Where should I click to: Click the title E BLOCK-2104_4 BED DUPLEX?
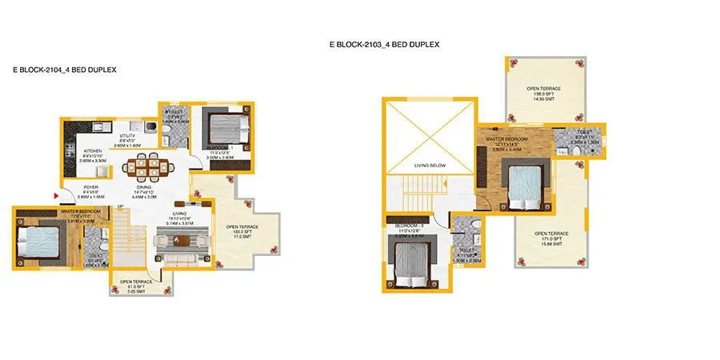click(65, 70)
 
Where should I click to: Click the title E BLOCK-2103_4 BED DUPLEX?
click(384, 46)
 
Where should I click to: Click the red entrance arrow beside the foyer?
click(57, 194)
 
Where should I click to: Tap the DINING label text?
click(144, 187)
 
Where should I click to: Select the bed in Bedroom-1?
click(218, 126)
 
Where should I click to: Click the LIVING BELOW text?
click(428, 166)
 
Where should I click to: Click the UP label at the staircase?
click(120, 207)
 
